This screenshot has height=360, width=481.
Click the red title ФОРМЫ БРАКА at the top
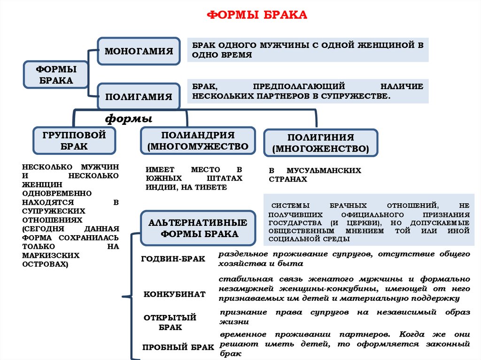pos(257,15)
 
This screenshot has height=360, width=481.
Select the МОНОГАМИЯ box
pos(139,50)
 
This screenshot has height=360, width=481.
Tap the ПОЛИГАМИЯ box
pos(139,96)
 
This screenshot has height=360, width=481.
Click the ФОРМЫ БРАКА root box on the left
pos(56,74)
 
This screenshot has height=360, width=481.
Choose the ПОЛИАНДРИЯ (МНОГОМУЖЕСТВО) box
pos(198,140)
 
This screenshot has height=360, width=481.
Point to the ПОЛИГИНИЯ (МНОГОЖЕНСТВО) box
pos(321,143)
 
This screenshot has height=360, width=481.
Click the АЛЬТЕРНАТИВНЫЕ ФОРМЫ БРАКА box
pos(198,228)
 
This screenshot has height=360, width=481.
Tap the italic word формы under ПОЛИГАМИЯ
pos(129,117)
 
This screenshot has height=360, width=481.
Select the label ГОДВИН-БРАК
pos(173,259)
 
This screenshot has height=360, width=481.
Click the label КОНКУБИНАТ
pos(174,294)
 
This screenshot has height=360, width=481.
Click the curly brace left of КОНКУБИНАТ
pos(123,297)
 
